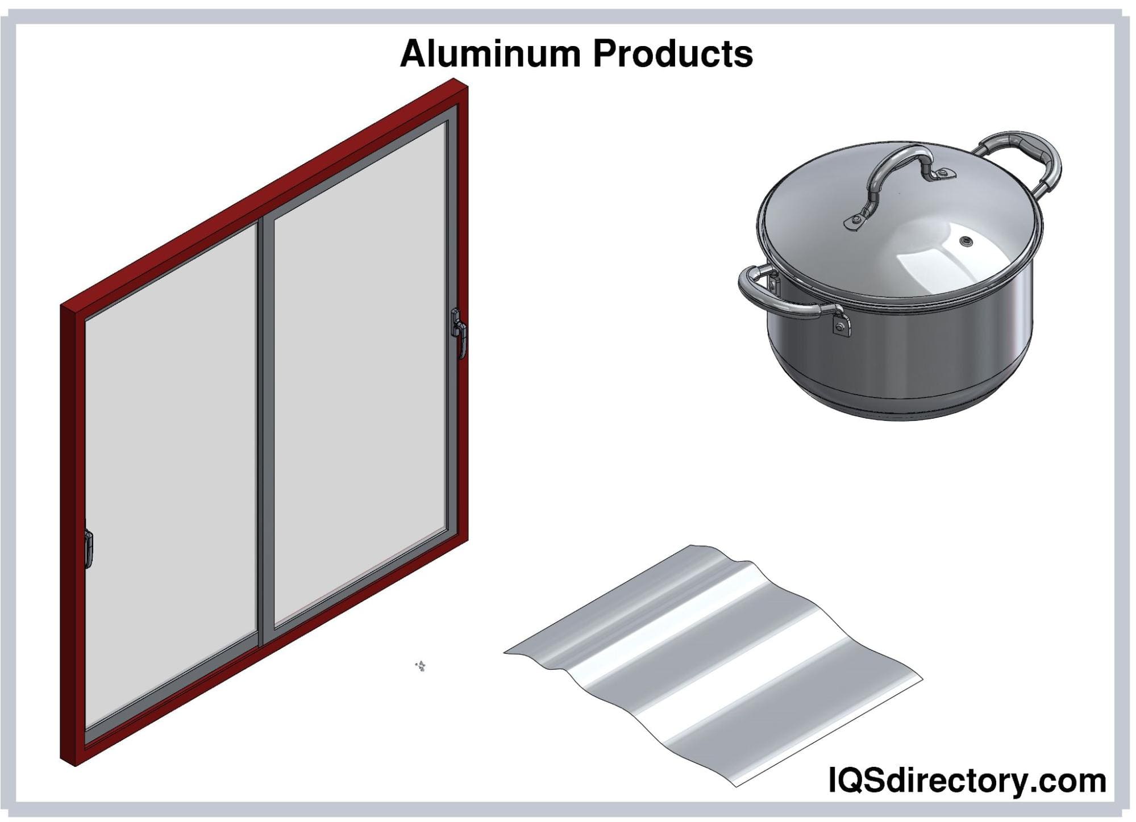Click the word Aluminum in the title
(x=490, y=54)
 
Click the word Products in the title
(x=673, y=54)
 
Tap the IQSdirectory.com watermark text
(x=967, y=781)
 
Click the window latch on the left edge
(x=88, y=548)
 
